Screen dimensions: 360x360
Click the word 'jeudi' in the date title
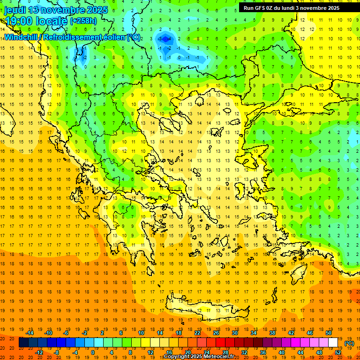15,10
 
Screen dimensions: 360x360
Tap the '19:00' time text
18,21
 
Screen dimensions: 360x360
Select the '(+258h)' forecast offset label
83,21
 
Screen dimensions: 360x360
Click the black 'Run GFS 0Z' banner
295,7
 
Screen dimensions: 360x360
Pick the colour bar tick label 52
338,352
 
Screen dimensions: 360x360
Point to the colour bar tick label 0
93,352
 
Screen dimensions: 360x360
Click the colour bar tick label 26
216,333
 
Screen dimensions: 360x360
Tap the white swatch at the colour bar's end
333,343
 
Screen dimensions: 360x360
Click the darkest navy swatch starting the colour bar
23,343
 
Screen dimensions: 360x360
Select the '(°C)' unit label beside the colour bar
349,343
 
